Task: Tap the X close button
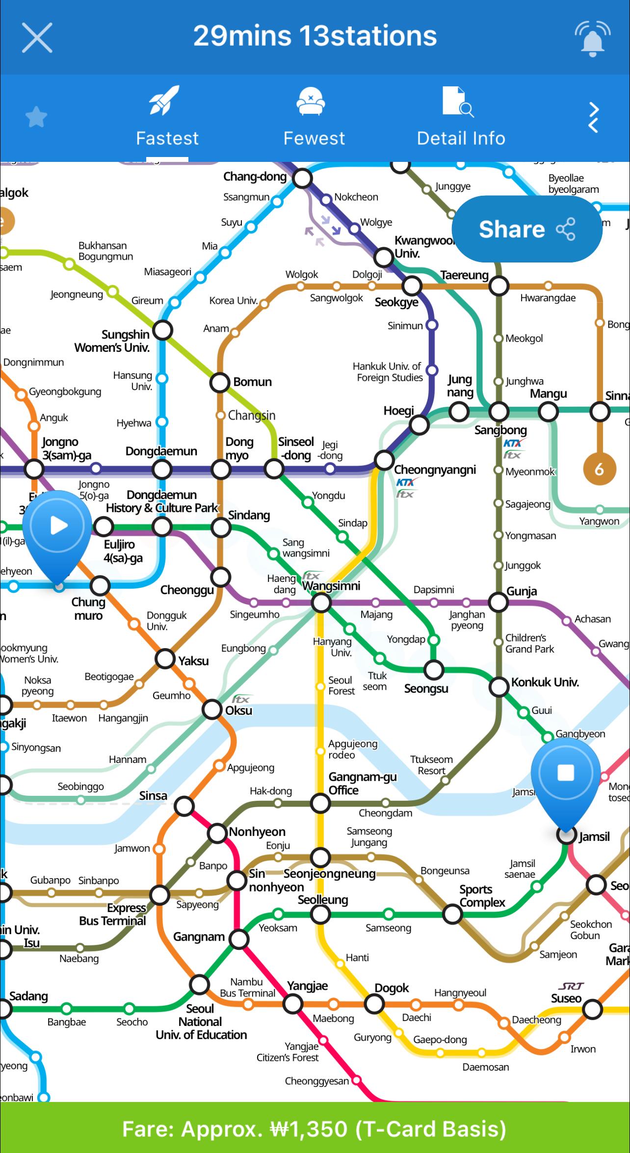pos(37,37)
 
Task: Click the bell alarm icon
pos(592,37)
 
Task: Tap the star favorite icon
pos(36,118)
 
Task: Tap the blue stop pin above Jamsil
pos(566,774)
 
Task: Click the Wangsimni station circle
pos(321,603)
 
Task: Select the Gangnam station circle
pos(239,939)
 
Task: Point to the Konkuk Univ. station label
pos(545,682)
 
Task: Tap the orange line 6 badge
pos(599,470)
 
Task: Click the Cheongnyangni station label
pos(435,470)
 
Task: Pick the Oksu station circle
pos(212,709)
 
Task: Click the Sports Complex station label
pos(482,895)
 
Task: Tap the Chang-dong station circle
pos(302,179)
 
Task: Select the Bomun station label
pos(252,382)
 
